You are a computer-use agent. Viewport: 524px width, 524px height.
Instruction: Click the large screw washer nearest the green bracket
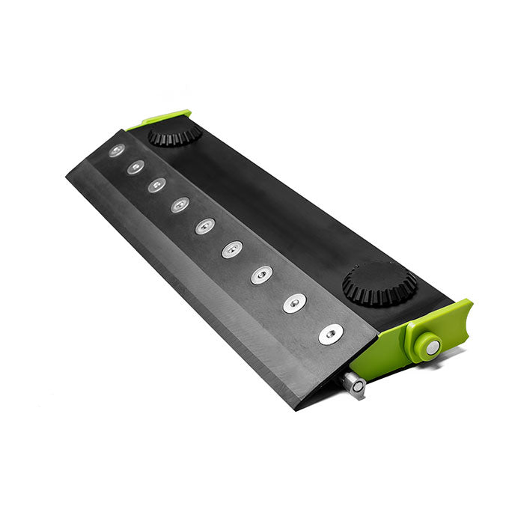click(x=329, y=334)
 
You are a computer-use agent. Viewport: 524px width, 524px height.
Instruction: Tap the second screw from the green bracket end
click(x=294, y=302)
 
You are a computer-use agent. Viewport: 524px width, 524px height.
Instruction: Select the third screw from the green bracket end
click(x=261, y=275)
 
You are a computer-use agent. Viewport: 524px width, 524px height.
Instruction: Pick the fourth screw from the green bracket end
click(x=232, y=249)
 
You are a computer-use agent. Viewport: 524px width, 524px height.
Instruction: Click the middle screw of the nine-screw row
click(x=205, y=225)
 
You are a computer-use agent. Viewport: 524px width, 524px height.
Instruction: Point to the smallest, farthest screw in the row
click(x=116, y=150)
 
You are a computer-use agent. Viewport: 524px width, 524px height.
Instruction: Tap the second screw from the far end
click(x=135, y=167)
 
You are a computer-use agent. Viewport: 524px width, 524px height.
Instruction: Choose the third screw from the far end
click(x=156, y=185)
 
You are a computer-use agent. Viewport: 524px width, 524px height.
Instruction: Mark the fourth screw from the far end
click(x=180, y=204)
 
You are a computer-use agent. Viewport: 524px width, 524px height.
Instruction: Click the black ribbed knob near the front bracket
click(x=380, y=283)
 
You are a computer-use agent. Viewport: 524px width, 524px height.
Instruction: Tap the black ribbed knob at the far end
click(x=174, y=135)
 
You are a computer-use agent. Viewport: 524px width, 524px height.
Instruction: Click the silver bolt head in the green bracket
click(x=432, y=346)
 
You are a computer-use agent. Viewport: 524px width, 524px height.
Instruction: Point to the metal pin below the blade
click(x=353, y=384)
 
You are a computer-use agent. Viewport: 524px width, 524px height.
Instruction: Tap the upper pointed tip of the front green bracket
click(x=465, y=303)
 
